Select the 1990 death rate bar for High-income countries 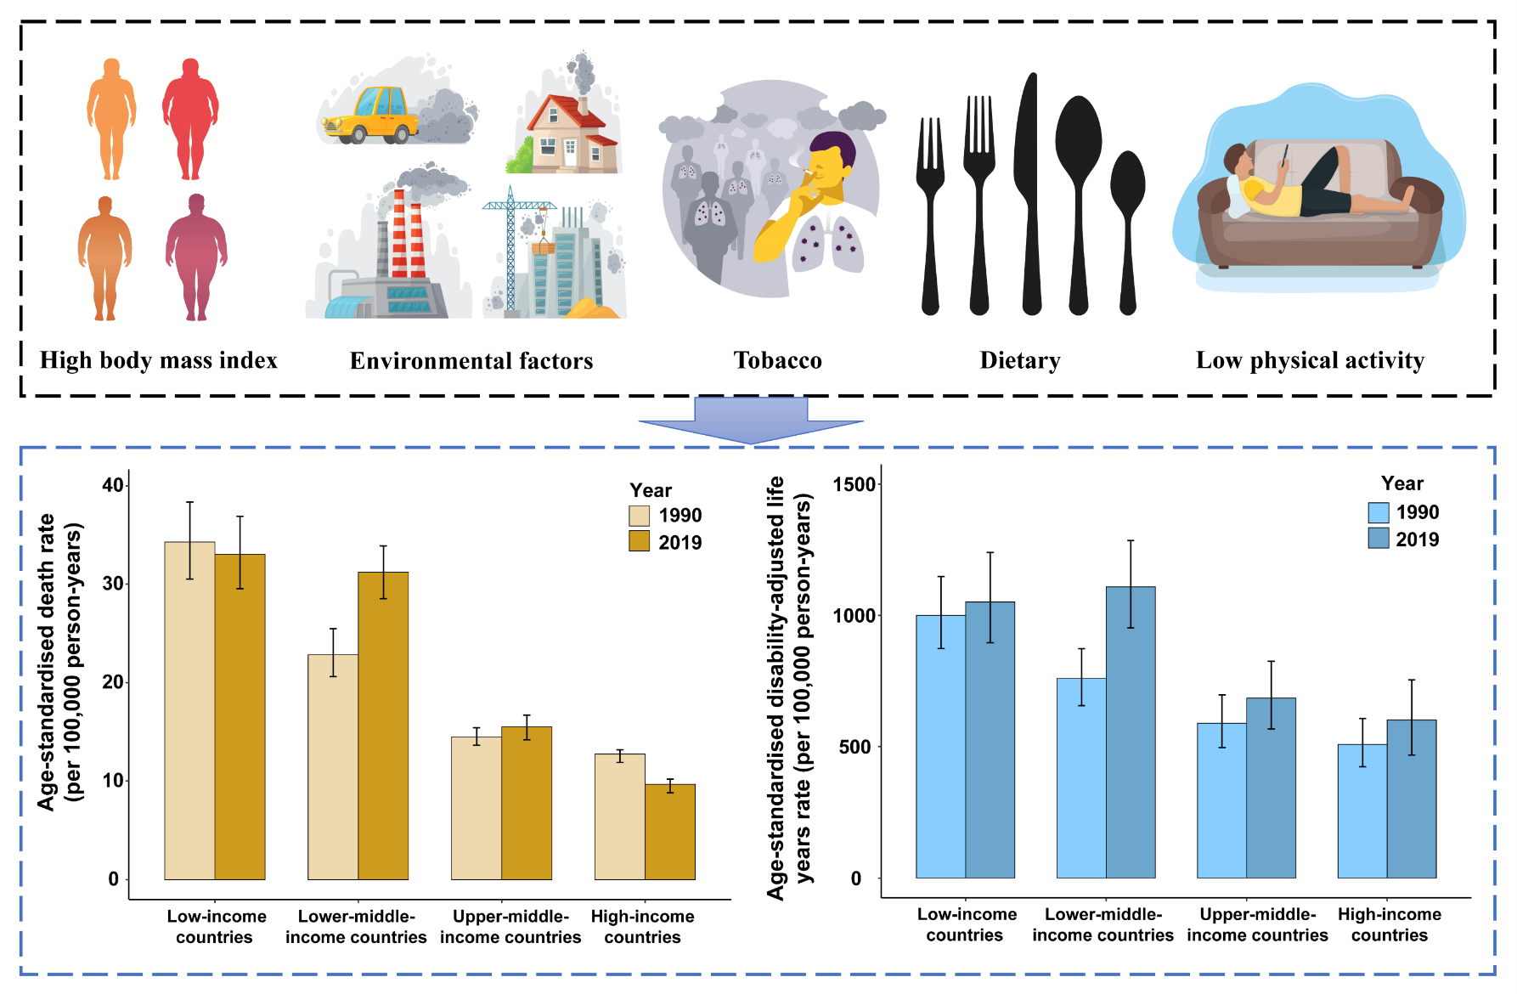click(x=620, y=816)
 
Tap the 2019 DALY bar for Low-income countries click(x=990, y=740)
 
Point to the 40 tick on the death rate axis click(x=113, y=485)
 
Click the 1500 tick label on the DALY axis click(x=854, y=484)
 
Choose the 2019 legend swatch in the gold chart click(x=639, y=541)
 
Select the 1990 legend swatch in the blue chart click(x=1378, y=512)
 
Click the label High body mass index click(x=159, y=360)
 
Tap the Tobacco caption click(x=777, y=360)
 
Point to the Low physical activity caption click(x=1310, y=360)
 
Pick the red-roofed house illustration click(x=567, y=132)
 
